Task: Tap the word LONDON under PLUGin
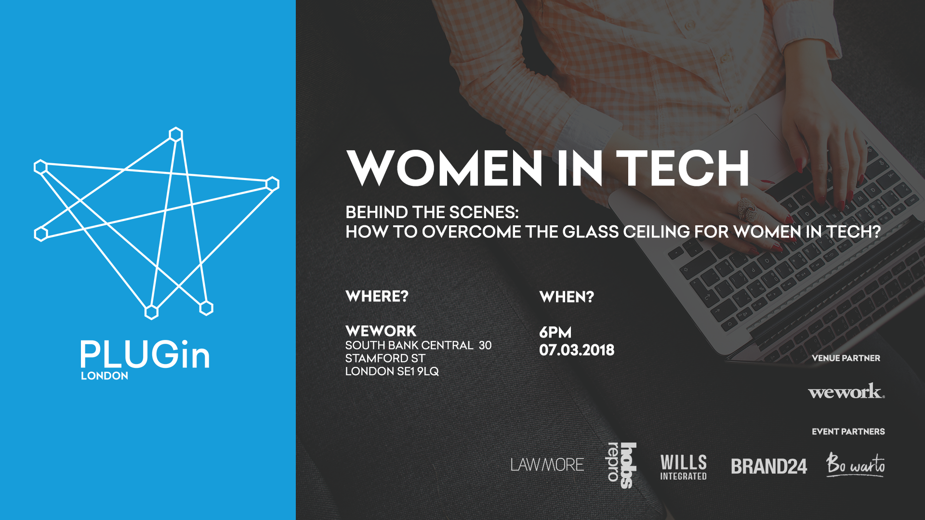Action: (x=105, y=376)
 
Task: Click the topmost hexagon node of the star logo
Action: (x=176, y=134)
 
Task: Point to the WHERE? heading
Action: (x=377, y=296)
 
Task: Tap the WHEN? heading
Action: (x=567, y=297)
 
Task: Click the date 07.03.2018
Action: (x=577, y=350)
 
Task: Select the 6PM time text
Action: (x=555, y=332)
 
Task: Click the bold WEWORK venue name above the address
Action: (x=381, y=331)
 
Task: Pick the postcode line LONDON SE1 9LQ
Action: (x=392, y=371)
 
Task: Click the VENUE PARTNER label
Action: (x=846, y=358)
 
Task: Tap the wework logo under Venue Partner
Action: (x=846, y=391)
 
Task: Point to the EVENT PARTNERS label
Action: (x=848, y=431)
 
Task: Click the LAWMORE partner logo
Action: (x=547, y=465)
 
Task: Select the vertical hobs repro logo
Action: (x=621, y=465)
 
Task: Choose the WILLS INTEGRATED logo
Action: (x=684, y=467)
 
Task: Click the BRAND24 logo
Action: (x=769, y=466)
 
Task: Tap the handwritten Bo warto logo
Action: (x=856, y=465)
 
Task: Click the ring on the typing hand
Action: (x=747, y=209)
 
